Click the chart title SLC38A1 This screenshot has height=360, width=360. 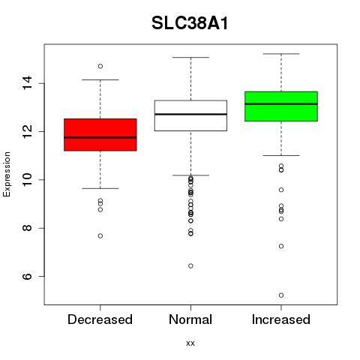click(190, 23)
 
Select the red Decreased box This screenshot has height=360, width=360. click(100, 135)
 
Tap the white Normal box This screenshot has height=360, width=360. click(190, 115)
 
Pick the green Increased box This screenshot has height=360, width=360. click(281, 106)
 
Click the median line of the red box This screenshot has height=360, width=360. click(100, 137)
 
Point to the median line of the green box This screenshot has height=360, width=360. click(281, 103)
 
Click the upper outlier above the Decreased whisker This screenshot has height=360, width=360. click(100, 66)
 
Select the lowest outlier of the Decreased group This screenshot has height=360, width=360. click(100, 235)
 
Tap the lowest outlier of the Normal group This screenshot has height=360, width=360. click(190, 265)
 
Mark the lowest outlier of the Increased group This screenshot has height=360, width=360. click(281, 295)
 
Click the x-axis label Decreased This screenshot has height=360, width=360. click(100, 319)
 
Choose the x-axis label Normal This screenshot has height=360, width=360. click(190, 319)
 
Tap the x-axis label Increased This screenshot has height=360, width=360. click(281, 319)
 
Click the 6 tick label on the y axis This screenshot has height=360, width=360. click(28, 276)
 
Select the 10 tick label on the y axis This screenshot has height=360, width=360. click(28, 180)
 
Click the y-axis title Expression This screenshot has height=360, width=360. click(7, 174)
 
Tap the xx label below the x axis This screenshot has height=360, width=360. click(190, 343)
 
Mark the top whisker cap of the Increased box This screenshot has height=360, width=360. click(281, 54)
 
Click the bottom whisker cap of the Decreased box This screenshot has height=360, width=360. click(100, 188)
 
